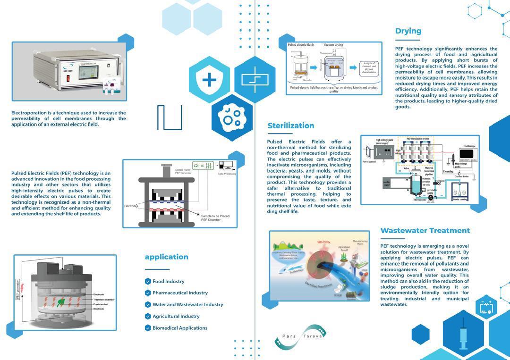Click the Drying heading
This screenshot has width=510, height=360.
pos(408,31)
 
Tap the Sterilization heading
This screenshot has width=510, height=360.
pos(290,126)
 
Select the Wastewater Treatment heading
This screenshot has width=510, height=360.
pos(425,231)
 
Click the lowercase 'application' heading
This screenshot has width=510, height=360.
pos(166,257)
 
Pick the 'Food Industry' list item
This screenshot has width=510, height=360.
pos(168,282)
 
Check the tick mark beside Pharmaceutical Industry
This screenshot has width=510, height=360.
pos(148,293)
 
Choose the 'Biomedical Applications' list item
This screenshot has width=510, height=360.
pos(179,328)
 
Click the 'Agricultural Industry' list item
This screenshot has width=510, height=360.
pos(176,317)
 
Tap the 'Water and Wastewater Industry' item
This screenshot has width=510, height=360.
pos(187,305)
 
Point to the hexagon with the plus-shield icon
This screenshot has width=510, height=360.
pos(209,80)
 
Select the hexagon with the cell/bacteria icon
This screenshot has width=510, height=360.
pos(232,117)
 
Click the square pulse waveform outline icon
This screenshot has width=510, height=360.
pos(170,117)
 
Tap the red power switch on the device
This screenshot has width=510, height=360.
pos(42,77)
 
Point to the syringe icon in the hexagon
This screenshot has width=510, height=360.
pos(463,335)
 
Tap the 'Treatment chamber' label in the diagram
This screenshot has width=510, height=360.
pos(104,300)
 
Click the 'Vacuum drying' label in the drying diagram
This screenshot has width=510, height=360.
pos(333,45)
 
